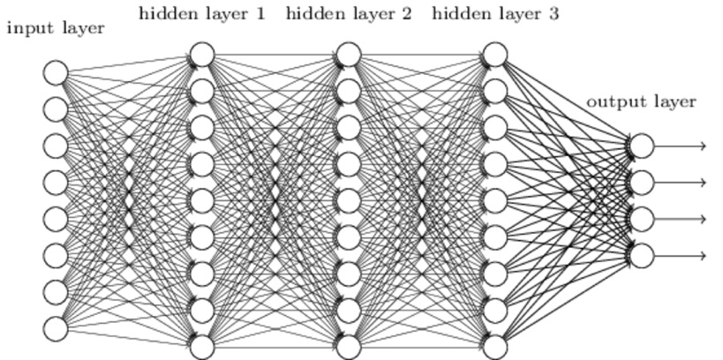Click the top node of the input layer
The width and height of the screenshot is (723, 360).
56,72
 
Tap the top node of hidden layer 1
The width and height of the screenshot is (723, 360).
202,55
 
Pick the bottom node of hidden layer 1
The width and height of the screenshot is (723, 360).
202,347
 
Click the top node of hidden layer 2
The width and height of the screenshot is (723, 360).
349,55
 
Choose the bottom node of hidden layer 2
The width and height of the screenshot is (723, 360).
349,347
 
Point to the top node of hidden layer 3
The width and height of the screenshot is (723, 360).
495,55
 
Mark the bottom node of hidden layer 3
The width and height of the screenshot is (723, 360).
495,347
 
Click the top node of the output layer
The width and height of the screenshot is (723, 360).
642,146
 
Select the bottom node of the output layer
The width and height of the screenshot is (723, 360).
642,256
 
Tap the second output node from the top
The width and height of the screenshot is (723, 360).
642,183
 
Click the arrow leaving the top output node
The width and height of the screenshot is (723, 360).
681,146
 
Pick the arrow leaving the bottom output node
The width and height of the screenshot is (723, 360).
681,256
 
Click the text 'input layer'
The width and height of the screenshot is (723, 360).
55,28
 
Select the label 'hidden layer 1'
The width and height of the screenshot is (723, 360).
201,13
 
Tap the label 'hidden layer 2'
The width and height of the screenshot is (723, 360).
349,13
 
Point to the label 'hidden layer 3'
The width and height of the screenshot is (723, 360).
495,13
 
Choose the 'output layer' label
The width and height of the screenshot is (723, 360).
641,102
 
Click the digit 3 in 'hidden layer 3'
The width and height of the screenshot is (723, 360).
554,13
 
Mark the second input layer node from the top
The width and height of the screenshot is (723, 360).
56,109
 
